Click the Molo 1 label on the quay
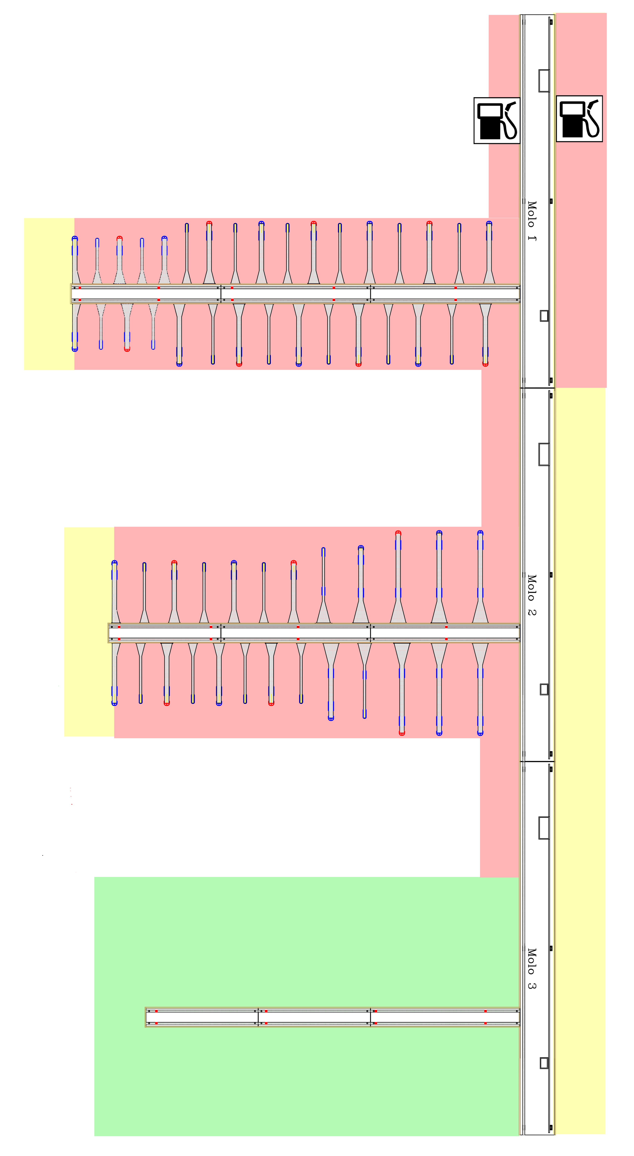click(532, 221)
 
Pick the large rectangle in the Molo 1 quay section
click(544, 81)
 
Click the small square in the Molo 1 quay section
click(544, 316)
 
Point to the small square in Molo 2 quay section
click(544, 689)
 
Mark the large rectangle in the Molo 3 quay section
click(544, 828)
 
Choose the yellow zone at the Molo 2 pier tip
click(89, 632)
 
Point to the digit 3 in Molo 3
click(532, 985)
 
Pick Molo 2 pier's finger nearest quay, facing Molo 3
click(480, 689)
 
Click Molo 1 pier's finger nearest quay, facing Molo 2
click(485, 334)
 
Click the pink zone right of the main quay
click(581, 251)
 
